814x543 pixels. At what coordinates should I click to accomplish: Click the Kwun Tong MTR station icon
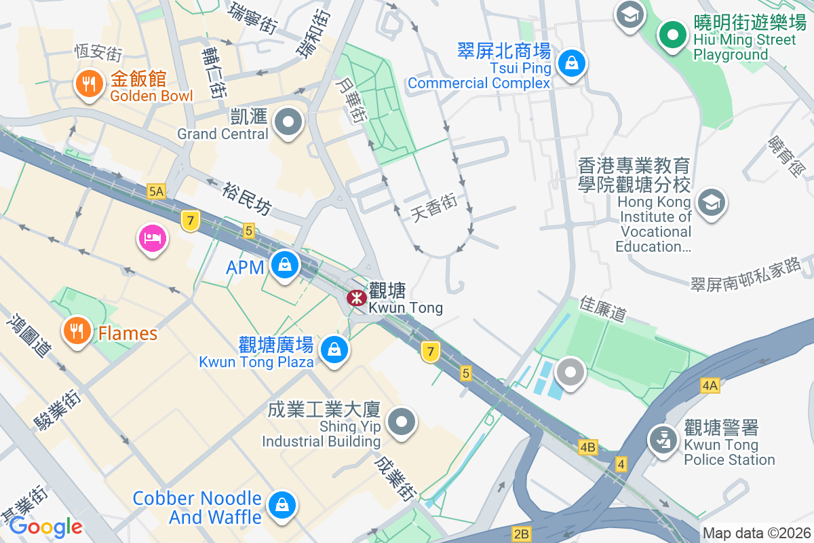tap(356, 297)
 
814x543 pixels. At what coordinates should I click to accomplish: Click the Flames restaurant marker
tap(77, 331)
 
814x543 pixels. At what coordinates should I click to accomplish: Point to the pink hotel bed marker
tap(152, 238)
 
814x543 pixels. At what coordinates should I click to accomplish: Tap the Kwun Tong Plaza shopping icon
tap(334, 350)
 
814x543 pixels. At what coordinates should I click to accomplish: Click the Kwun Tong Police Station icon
tap(663, 438)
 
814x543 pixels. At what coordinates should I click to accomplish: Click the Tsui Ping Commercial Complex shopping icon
tap(572, 64)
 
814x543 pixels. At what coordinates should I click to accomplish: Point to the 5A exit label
tap(156, 191)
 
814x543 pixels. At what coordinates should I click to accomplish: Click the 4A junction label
tap(710, 386)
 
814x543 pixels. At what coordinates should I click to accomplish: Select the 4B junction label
tap(587, 447)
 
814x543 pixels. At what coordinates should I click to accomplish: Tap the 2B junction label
tap(521, 534)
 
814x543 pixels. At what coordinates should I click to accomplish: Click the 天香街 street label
tap(434, 208)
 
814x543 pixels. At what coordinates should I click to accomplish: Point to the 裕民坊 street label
tap(246, 198)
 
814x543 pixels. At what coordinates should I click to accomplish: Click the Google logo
tap(45, 526)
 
